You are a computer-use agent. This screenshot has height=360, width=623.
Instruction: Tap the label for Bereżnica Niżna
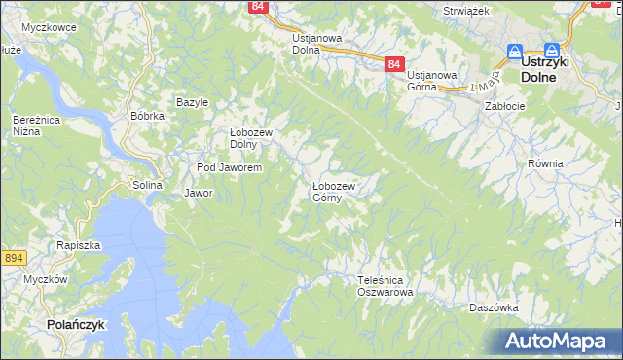(33, 125)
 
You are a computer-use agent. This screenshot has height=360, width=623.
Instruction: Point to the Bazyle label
(192, 102)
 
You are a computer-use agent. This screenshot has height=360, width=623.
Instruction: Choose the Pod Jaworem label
(229, 168)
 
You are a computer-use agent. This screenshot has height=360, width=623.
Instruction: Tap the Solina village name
(148, 185)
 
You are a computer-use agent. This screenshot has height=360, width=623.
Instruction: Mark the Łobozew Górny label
(332, 191)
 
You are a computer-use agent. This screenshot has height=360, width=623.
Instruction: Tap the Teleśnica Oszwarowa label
(385, 285)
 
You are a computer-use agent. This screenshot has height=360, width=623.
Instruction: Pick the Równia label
(545, 163)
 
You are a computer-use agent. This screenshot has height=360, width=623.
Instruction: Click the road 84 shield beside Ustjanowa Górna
(393, 64)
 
